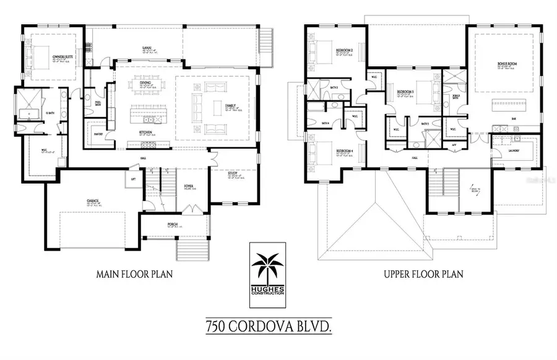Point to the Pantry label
coord(98,134)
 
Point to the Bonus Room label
coord(506,64)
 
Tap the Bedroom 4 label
coord(344,151)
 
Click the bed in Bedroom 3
coord(423,87)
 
